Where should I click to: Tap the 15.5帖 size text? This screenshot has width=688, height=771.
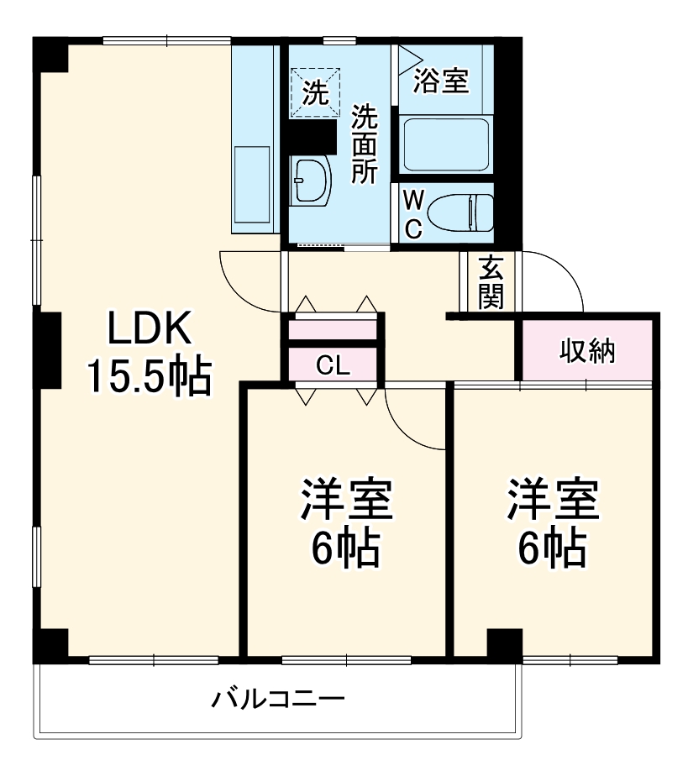pyautogui.click(x=150, y=377)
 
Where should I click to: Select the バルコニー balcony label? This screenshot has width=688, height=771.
pyautogui.click(x=278, y=699)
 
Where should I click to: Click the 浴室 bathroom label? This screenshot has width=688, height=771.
pyautogui.click(x=442, y=82)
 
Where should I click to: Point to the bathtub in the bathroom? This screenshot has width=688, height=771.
pyautogui.click(x=445, y=144)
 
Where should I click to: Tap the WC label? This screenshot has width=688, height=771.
pyautogui.click(x=413, y=213)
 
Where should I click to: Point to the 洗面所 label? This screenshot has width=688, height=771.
pyautogui.click(x=365, y=144)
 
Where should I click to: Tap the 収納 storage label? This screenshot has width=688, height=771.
pyautogui.click(x=587, y=352)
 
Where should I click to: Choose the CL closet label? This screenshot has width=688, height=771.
pyautogui.click(x=333, y=365)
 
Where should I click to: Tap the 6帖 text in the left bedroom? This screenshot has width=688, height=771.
pyautogui.click(x=345, y=550)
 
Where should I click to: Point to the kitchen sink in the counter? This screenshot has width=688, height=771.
pyautogui.click(x=254, y=189)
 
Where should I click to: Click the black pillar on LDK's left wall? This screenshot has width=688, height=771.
pyautogui.click(x=48, y=349)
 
